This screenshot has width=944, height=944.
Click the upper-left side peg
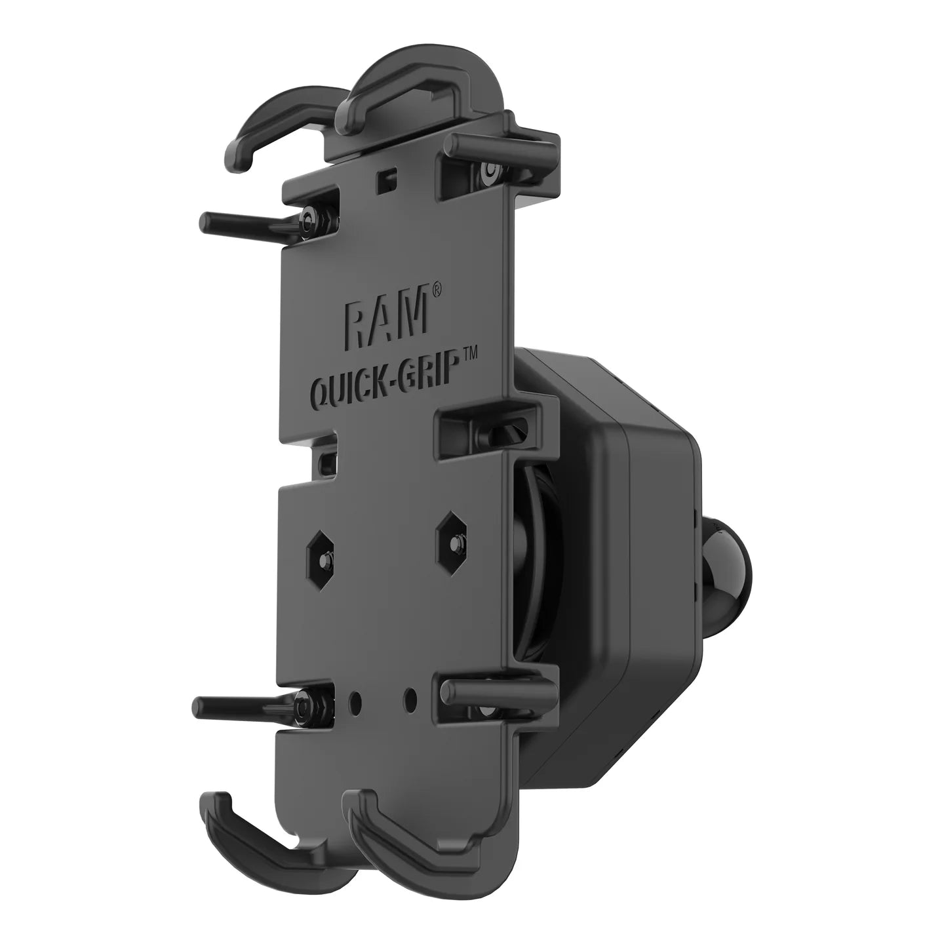pyautogui.click(x=243, y=224)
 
